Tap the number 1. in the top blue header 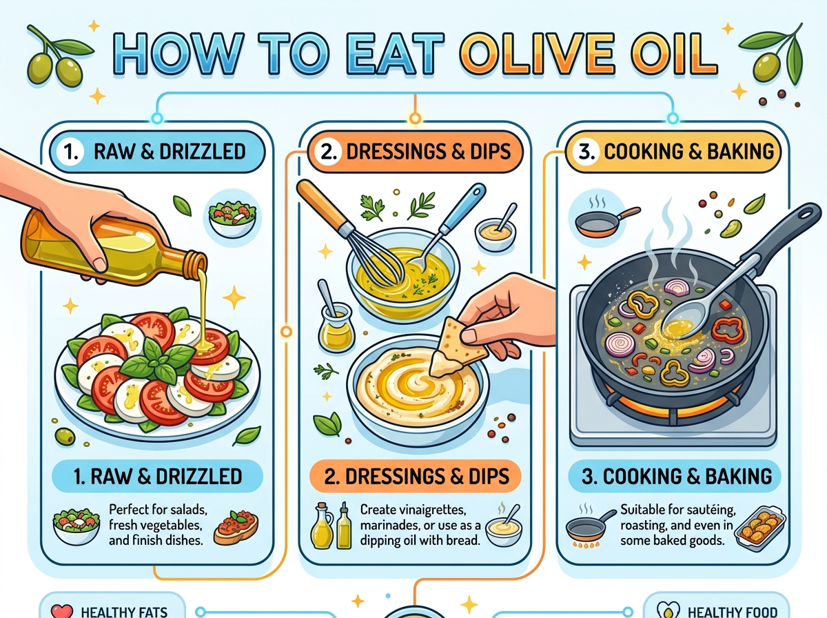pyautogui.click(x=70, y=152)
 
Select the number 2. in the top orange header pyautogui.click(x=328, y=152)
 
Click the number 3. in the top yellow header pyautogui.click(x=586, y=152)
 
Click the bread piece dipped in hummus pyautogui.click(x=454, y=349)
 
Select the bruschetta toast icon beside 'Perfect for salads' pyautogui.click(x=236, y=527)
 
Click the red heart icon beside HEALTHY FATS pyautogui.click(x=62, y=611)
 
